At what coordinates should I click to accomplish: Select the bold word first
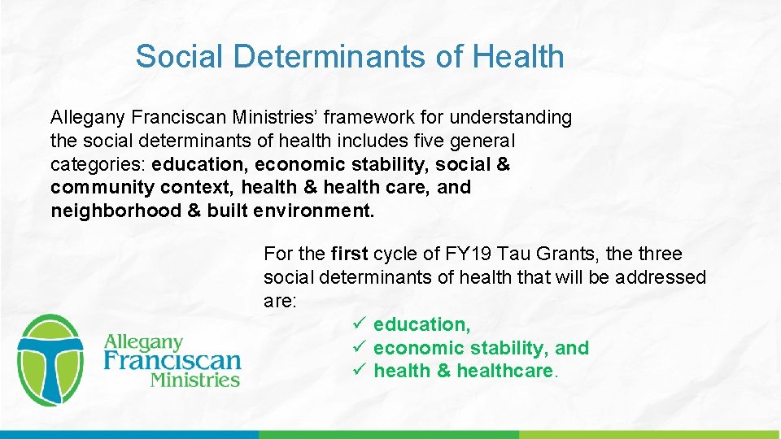[351, 254]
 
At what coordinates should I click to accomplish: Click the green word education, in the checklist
[421, 324]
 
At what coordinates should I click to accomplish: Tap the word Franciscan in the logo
[172, 360]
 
